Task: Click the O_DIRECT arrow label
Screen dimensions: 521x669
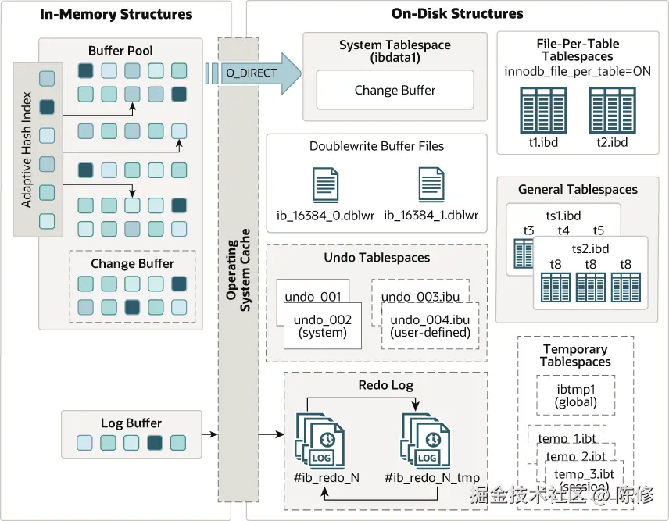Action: pyautogui.click(x=247, y=73)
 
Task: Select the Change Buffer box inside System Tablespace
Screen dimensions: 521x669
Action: pyautogui.click(x=395, y=91)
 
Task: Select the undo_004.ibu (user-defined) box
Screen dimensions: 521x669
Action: pyautogui.click(x=430, y=326)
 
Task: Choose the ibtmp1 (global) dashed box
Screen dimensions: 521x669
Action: pyautogui.click(x=575, y=396)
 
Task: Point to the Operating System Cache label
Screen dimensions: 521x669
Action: pyautogui.click(x=238, y=269)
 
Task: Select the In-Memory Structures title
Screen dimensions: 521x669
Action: pyautogui.click(x=116, y=13)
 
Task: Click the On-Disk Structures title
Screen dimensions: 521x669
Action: pyautogui.click(x=457, y=13)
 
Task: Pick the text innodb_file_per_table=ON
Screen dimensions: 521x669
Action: pyautogui.click(x=578, y=72)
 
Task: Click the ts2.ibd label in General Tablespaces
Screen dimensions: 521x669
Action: pyautogui.click(x=590, y=248)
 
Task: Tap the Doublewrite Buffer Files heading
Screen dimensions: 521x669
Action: pyautogui.click(x=377, y=146)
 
